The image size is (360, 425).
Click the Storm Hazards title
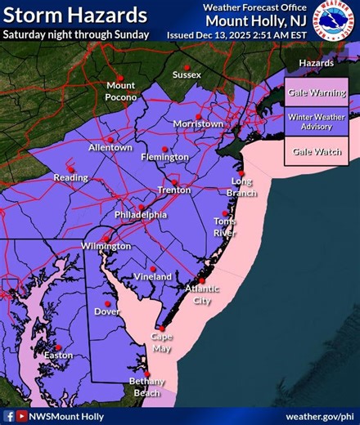(x=75, y=16)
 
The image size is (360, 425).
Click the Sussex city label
(x=187, y=75)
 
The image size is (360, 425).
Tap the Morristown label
(x=198, y=124)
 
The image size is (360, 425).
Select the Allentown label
(x=110, y=148)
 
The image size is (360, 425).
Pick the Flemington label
(x=168, y=157)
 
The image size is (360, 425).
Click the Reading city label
(x=70, y=178)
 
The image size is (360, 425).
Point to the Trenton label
(x=174, y=190)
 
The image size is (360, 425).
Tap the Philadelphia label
(x=141, y=215)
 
